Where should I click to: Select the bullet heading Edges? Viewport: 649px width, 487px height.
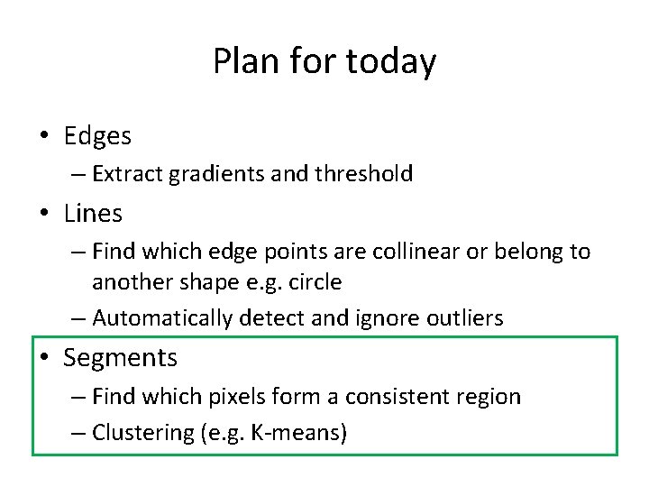[x=97, y=136]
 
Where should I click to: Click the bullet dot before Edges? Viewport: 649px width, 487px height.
[x=44, y=137]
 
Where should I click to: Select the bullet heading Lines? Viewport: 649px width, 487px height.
[x=93, y=214]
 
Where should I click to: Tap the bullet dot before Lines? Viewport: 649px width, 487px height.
[x=44, y=215]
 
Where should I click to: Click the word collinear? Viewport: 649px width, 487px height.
[x=405, y=251]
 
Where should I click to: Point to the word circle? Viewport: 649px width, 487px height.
[x=315, y=281]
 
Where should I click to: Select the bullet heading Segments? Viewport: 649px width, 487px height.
[x=121, y=358]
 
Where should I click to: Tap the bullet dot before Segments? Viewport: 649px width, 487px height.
[x=44, y=359]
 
